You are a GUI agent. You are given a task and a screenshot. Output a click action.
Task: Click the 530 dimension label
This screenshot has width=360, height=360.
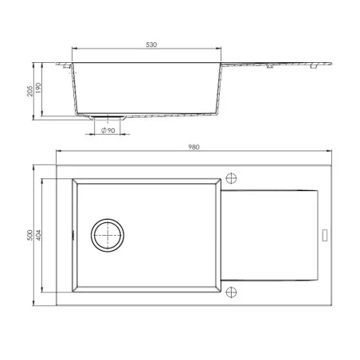click(x=149, y=45)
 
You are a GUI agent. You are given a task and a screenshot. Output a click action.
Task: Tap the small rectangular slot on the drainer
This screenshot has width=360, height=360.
click(x=323, y=234)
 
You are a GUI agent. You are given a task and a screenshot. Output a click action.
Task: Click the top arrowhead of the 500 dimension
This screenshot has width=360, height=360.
click(x=33, y=168)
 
